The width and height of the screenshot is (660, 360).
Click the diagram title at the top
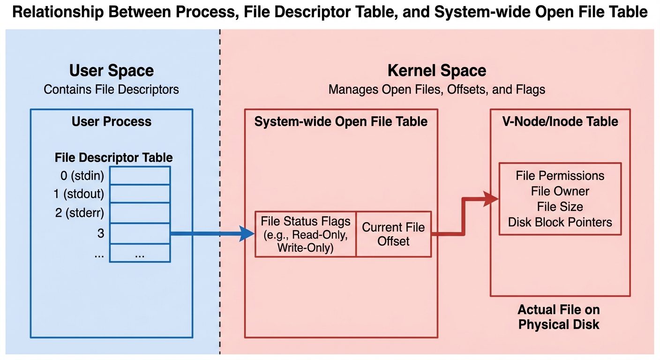[x=330, y=13]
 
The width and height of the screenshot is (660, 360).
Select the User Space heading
[x=112, y=71]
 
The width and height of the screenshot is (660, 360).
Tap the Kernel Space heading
[x=436, y=71]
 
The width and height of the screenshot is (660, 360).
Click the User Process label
[x=112, y=122]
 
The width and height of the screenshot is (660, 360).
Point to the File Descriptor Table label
[x=113, y=157]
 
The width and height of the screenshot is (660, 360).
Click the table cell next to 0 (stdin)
[x=140, y=176]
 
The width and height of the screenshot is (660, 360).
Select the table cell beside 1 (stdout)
[x=140, y=193]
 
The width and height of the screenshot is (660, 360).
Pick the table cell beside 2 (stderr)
[x=140, y=213]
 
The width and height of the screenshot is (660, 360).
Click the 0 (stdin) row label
[x=82, y=176]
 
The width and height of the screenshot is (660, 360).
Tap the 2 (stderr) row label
[x=79, y=213]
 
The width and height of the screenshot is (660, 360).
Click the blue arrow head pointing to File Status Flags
[x=247, y=233]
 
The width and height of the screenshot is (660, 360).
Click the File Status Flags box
[x=305, y=234]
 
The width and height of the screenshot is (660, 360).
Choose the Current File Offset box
[x=393, y=234]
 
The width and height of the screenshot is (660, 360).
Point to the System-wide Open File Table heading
[x=341, y=122]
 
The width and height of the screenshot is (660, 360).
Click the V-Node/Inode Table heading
[x=560, y=122]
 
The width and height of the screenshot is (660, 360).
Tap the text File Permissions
[x=560, y=176]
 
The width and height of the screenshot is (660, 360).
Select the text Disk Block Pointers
[x=560, y=222]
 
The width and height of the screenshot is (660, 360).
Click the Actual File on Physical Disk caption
[x=559, y=317]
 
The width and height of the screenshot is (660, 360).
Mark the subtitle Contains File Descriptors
[x=112, y=89]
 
